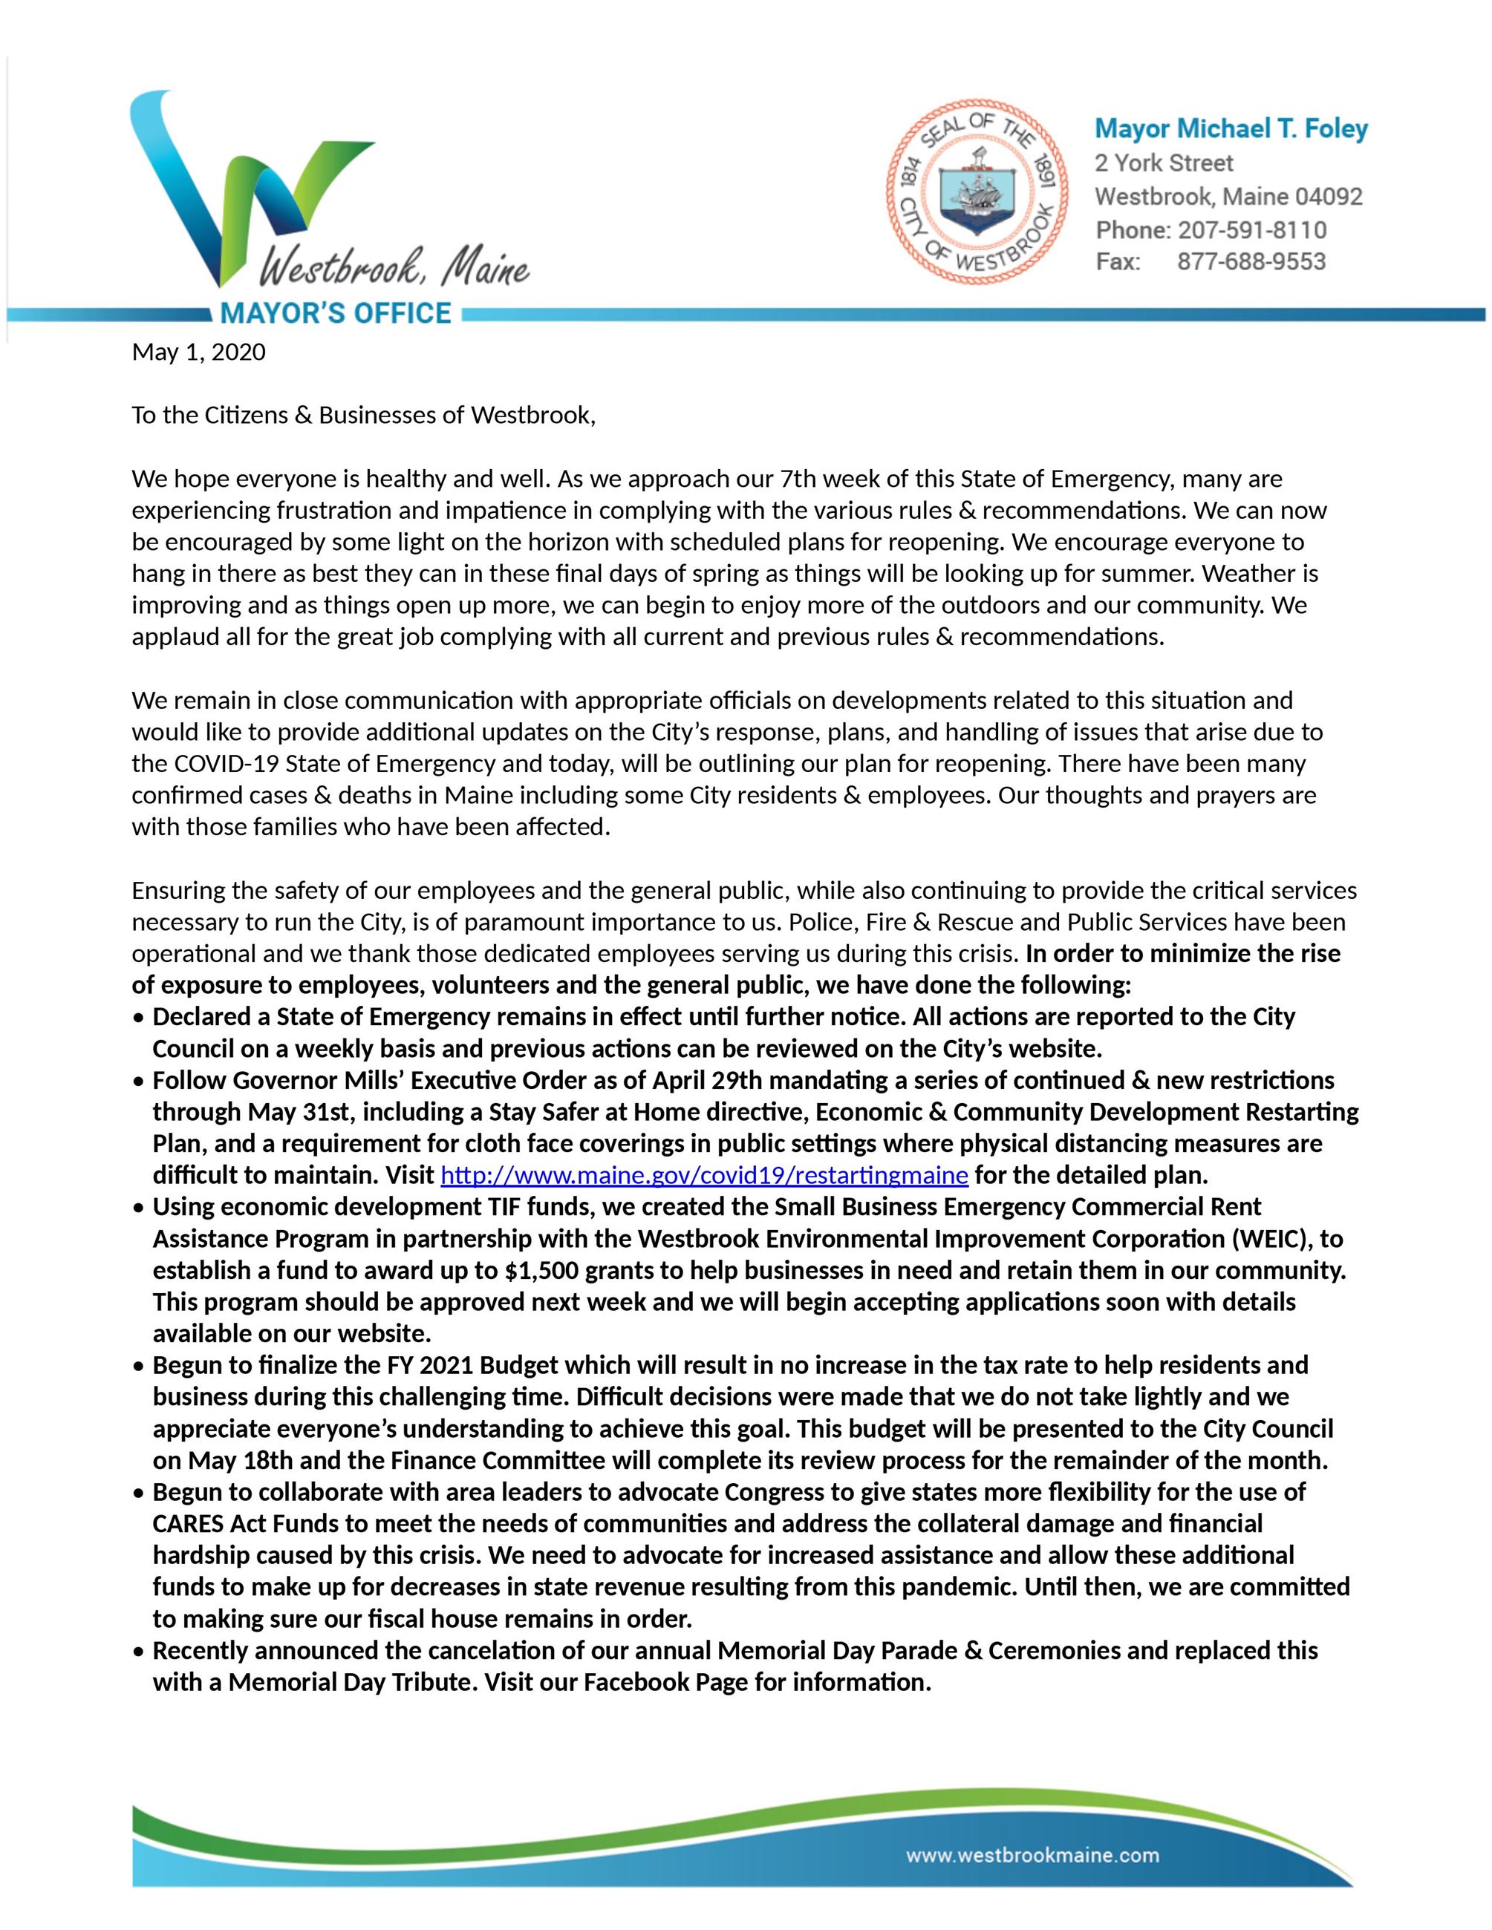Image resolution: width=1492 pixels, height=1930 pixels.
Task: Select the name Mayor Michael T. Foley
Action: tap(1231, 129)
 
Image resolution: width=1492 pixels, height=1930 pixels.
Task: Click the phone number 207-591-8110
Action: tap(1251, 230)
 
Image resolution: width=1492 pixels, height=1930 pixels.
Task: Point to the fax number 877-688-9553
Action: tap(1251, 261)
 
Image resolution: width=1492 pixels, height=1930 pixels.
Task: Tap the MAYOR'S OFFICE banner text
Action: tap(335, 313)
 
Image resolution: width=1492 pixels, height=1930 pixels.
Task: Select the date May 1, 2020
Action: tap(198, 353)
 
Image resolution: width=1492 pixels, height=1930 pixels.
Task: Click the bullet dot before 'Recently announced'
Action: tap(139, 1652)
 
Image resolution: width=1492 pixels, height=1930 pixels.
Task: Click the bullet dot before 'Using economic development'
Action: tap(139, 1208)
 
